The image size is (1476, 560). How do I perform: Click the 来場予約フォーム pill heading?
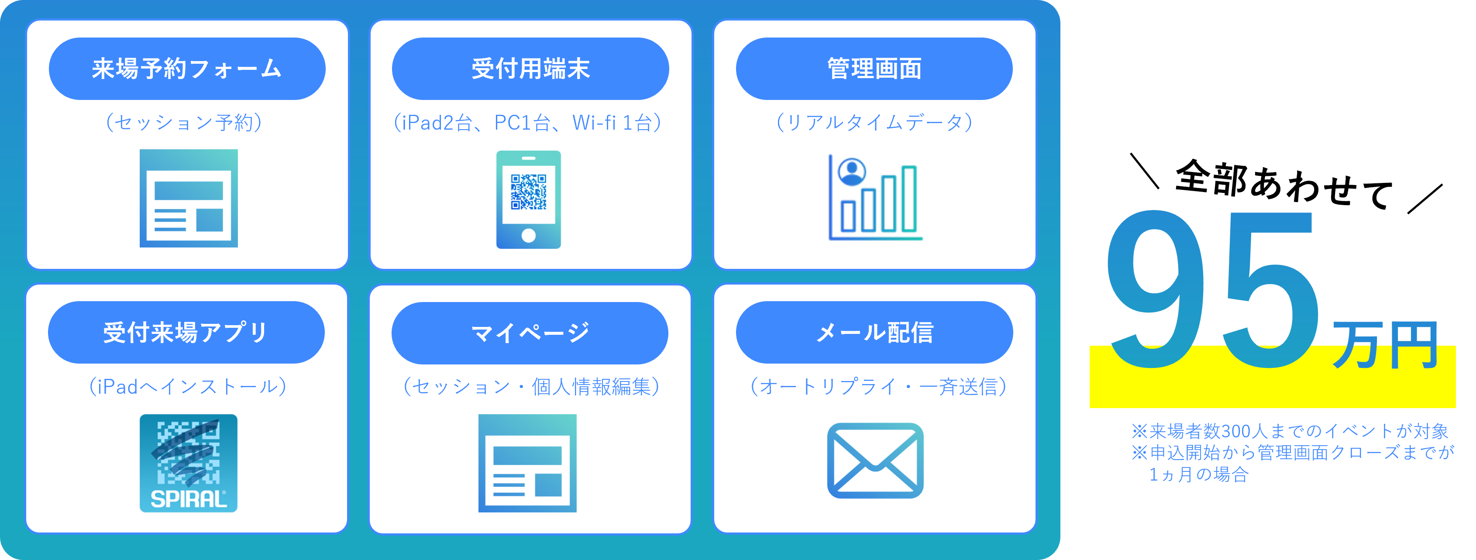coord(187,69)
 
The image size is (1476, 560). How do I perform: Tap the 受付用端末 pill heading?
coord(530,69)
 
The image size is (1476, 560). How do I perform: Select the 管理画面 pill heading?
coord(874,69)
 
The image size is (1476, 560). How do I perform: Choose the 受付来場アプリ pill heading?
coord(186,332)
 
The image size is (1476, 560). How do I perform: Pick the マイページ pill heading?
coord(530,333)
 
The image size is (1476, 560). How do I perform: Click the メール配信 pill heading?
coord(874,332)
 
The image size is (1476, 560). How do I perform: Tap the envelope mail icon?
coord(875,461)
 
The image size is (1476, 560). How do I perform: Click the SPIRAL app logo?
coord(189,463)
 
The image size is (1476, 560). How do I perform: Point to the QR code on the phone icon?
coord(528,192)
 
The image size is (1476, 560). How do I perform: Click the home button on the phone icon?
coord(528,235)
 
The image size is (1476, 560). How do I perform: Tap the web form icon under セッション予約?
coord(189,198)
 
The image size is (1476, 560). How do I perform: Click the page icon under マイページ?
coord(527,463)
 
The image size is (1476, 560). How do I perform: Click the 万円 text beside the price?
coord(1385,345)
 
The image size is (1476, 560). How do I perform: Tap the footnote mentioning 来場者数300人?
coord(1289,431)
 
